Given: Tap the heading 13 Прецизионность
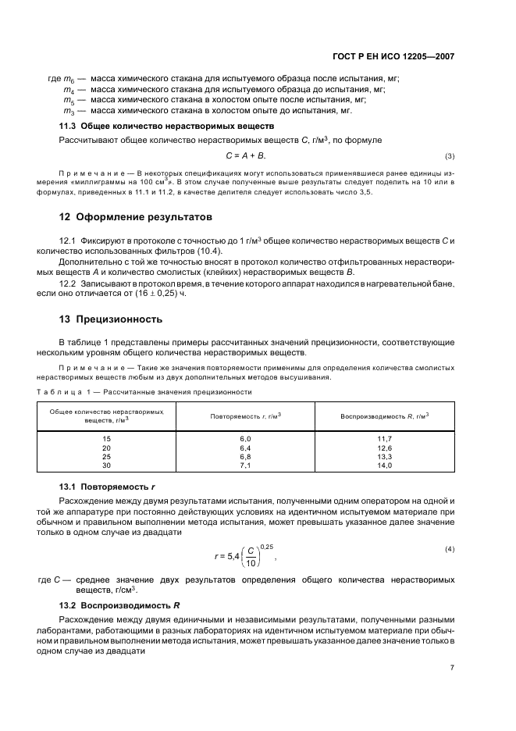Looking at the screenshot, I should [111, 319].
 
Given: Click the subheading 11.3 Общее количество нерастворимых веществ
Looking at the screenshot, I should [166, 127].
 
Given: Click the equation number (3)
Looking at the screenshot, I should [450, 156].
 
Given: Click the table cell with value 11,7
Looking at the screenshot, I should [384, 440].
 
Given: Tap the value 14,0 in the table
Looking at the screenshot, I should [384, 465].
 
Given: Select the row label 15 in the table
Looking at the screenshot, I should [107, 440].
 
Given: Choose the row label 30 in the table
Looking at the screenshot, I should [107, 465].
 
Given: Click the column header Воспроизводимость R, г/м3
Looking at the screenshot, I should [384, 415].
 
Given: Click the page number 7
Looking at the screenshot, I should [452, 668].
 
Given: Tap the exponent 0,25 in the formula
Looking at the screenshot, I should [268, 546].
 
